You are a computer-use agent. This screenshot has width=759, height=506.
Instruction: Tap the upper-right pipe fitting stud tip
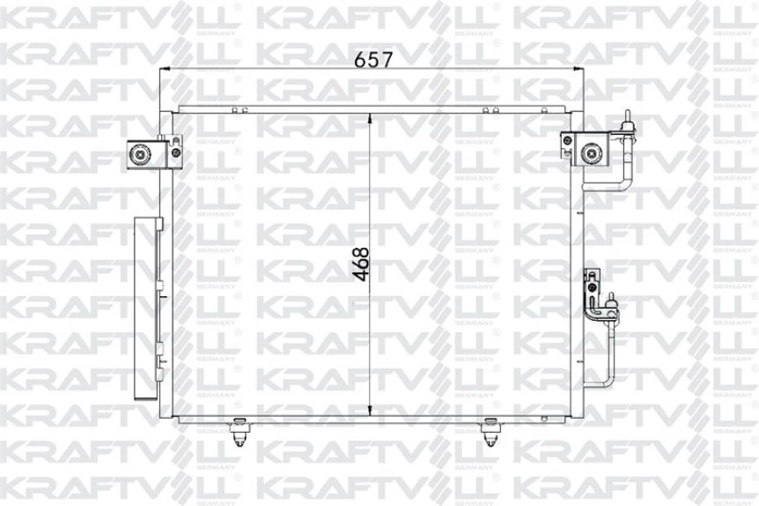click(x=628, y=116)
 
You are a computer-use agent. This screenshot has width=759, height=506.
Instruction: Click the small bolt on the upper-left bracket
click(x=177, y=153)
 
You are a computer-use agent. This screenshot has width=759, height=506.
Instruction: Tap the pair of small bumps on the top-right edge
click(x=490, y=109)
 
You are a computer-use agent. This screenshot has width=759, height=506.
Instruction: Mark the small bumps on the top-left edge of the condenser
click(x=237, y=109)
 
